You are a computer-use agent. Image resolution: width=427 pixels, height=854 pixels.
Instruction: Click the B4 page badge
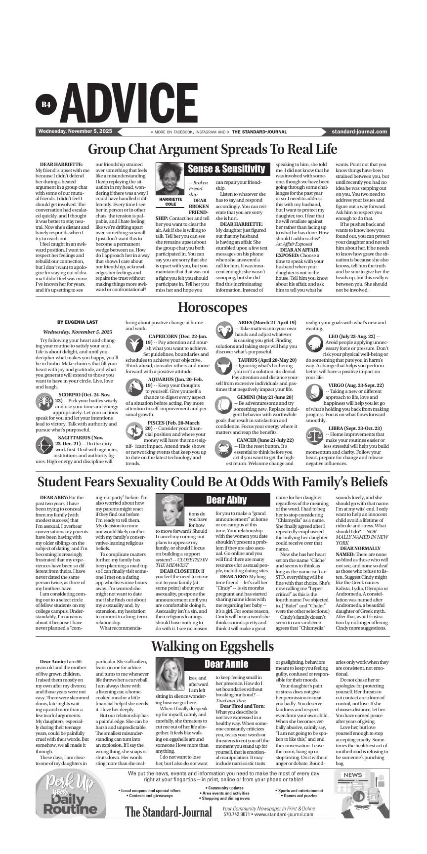coord(46,104)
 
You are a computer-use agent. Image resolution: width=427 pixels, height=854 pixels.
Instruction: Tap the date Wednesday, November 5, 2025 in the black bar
coord(75,131)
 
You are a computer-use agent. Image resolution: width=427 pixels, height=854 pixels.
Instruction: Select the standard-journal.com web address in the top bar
coord(360,132)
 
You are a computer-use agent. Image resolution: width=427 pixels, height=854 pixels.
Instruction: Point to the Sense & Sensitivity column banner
coord(227,169)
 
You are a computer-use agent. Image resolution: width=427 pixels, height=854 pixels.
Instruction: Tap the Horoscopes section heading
coord(213,307)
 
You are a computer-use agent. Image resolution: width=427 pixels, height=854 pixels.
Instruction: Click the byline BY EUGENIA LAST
coord(78,322)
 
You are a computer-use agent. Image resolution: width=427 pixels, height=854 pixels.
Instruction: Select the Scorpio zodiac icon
coord(44,401)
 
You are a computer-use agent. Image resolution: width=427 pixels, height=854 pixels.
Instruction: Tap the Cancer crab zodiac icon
coord(224,448)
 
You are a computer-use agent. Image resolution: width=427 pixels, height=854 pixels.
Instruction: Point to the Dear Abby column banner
coord(227,500)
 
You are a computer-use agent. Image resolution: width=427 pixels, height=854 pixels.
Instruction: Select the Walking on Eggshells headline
coord(213,646)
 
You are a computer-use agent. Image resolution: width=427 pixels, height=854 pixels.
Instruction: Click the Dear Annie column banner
coord(227,664)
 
